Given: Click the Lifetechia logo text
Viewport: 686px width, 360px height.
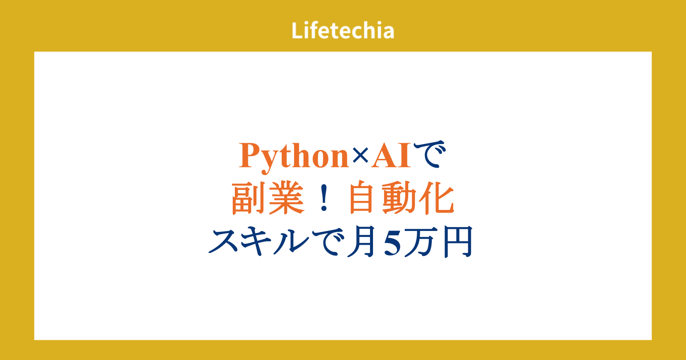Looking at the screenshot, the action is click(x=343, y=30).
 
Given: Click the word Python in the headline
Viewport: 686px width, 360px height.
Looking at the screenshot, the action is click(x=294, y=157).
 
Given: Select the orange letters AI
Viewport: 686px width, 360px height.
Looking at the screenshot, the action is click(x=391, y=156).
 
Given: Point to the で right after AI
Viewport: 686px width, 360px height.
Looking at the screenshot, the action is click(x=429, y=154).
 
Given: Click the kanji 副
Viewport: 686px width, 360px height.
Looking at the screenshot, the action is click(x=248, y=198).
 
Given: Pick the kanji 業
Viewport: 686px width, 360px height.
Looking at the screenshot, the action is click(x=287, y=198).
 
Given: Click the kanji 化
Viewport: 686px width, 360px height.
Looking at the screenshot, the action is click(x=436, y=198).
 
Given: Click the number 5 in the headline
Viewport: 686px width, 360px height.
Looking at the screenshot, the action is click(x=392, y=243).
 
